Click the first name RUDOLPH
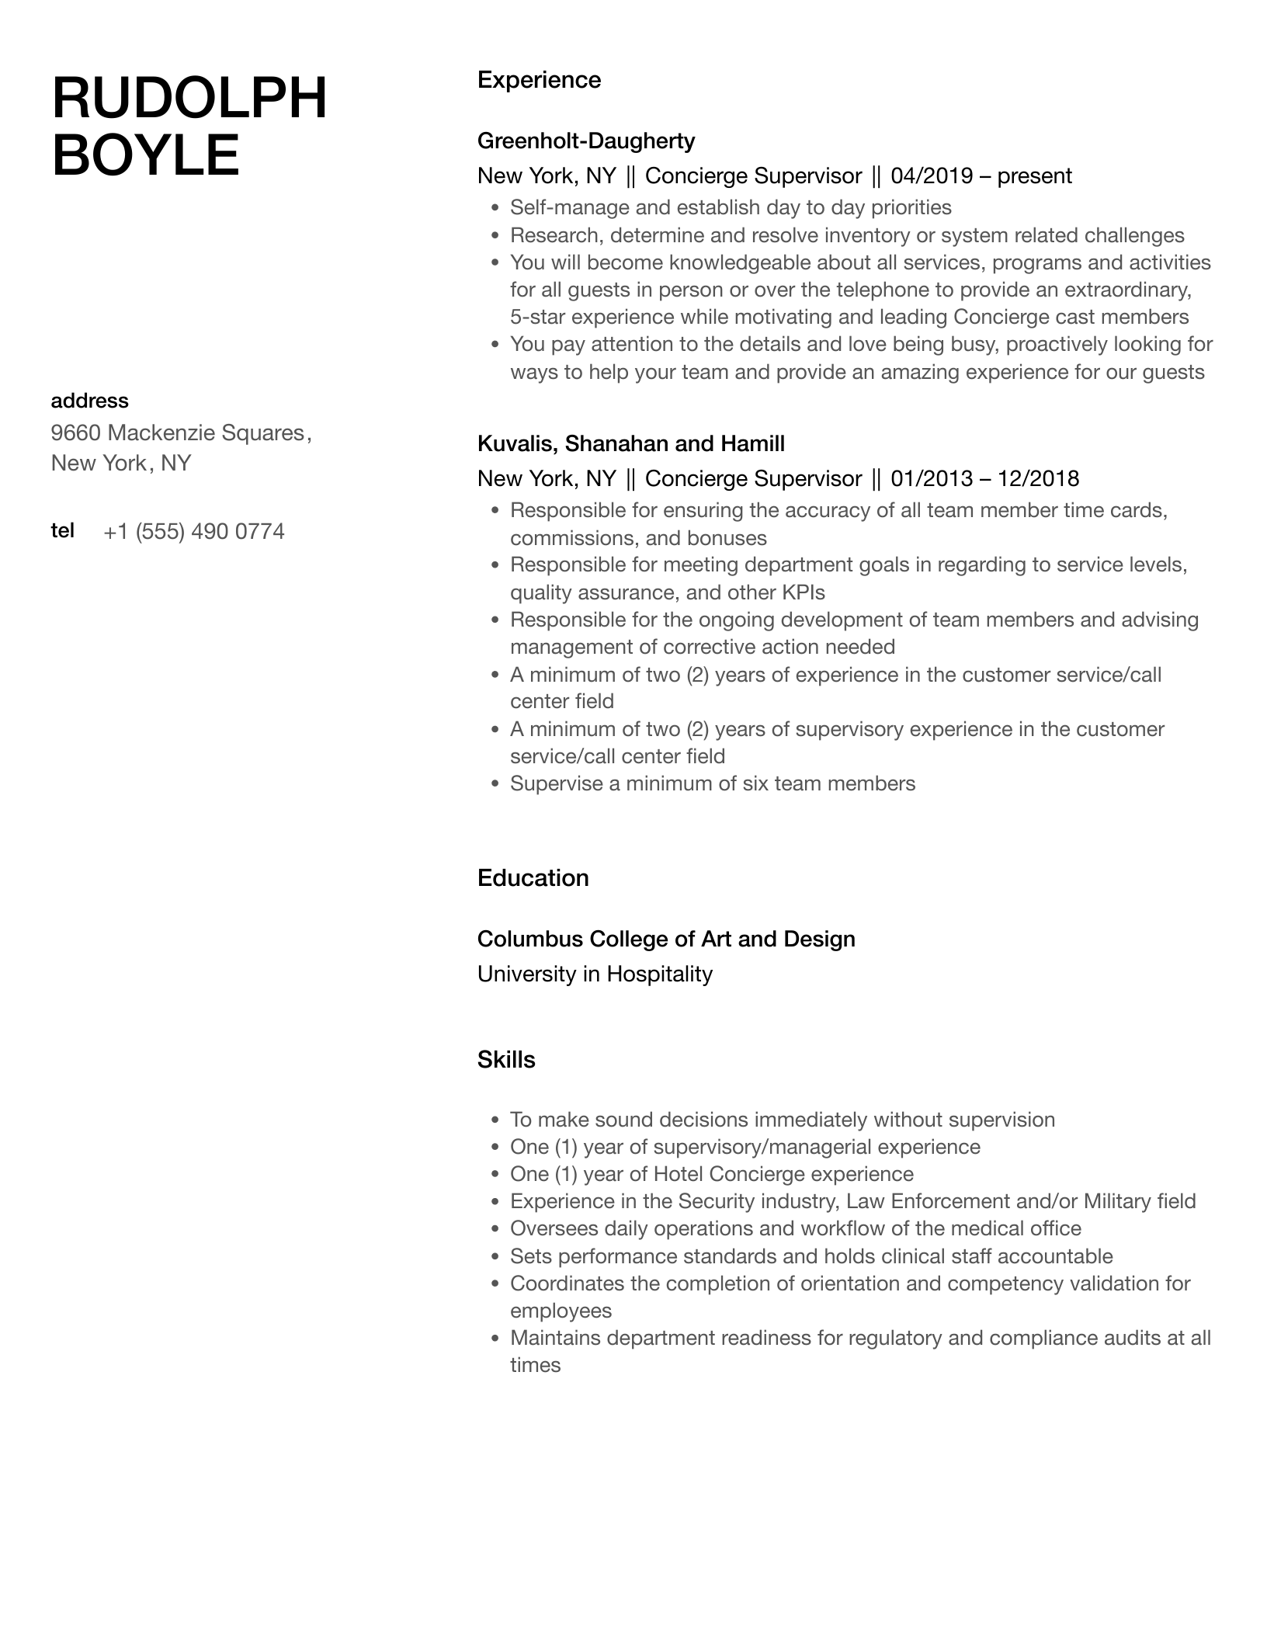coord(189,99)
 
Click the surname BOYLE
coord(145,155)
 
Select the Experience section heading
coord(539,80)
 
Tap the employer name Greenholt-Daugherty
coord(585,141)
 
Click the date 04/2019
coord(932,175)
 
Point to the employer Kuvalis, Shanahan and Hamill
coord(630,443)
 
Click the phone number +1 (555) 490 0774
coord(193,531)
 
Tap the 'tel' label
coord(62,530)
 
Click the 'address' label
coord(89,401)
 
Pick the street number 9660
coord(76,432)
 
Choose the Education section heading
coord(533,877)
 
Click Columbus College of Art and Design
coord(666,939)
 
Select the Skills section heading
coord(506,1060)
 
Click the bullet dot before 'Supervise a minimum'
coord(495,784)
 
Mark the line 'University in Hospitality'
coord(595,974)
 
